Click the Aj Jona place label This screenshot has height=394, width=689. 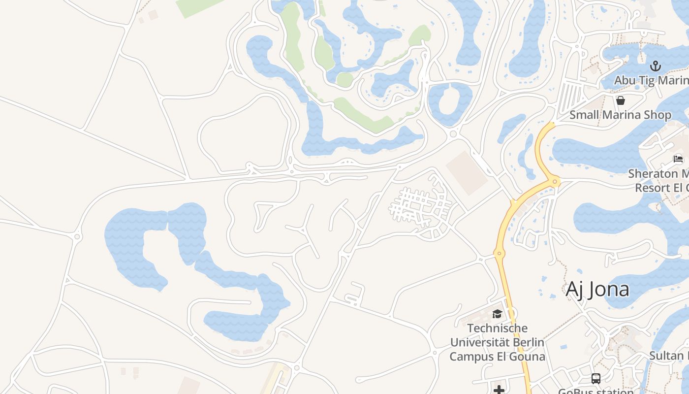pos(597,290)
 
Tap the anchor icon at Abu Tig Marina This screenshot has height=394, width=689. pos(655,66)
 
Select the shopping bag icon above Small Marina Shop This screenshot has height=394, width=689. pos(621,100)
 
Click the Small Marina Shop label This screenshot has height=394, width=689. pos(620,115)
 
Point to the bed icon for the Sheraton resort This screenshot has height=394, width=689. pos(678,159)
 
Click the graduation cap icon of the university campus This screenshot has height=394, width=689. pos(497,314)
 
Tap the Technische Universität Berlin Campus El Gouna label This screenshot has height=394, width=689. pos(497,342)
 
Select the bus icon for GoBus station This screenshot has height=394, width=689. pos(596,378)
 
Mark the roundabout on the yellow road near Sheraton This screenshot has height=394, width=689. pos(556,182)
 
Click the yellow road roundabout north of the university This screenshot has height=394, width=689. pos(499,254)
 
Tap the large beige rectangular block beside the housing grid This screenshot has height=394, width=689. pos(466,173)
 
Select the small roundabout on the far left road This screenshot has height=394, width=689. pos(77,237)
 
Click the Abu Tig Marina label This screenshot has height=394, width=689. pos(651,80)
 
